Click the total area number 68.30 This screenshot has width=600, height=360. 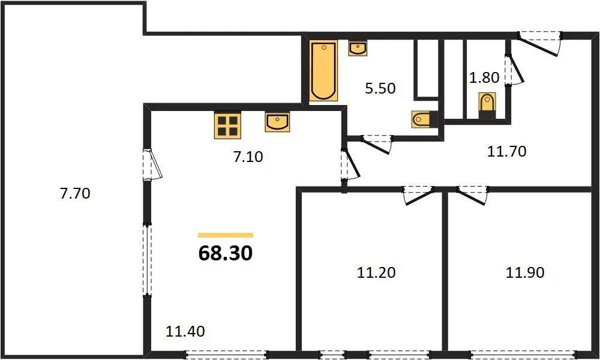tap(226, 253)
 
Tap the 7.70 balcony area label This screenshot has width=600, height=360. tap(75, 193)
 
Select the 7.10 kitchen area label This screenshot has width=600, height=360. tap(248, 157)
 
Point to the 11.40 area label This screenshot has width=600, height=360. tap(185, 331)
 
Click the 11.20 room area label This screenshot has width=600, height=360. tap(376, 272)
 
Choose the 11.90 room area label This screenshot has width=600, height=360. tap(525, 272)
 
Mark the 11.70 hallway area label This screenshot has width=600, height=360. tap(506, 151)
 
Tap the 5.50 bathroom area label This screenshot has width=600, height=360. tap(380, 88)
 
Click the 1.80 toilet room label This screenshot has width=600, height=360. tap(484, 77)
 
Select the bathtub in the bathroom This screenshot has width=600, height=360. tap(323, 70)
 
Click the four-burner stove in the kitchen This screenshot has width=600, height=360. tap(227, 125)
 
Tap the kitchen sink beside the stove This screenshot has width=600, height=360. tap(277, 122)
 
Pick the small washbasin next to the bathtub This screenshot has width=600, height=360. tap(358, 48)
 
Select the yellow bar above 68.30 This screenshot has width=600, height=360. tap(226, 235)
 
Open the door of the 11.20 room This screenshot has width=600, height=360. tap(418, 195)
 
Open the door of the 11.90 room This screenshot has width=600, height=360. tap(473, 195)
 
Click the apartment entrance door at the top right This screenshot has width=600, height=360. tap(539, 43)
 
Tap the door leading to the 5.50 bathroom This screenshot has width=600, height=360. tap(377, 144)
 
